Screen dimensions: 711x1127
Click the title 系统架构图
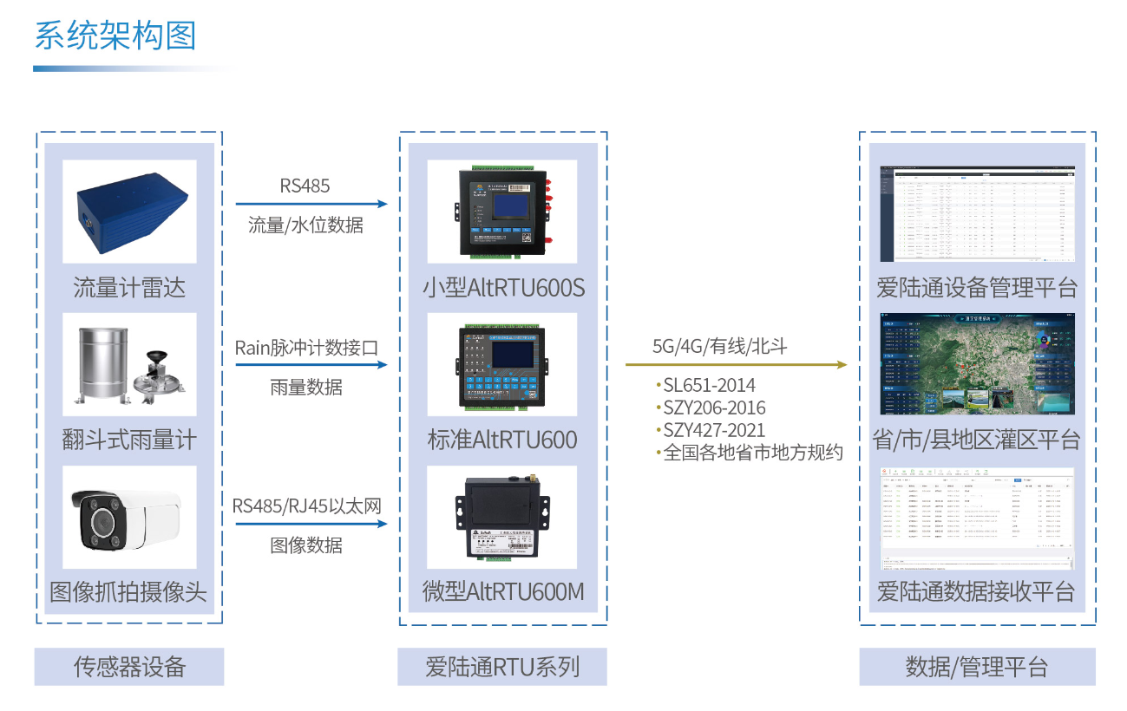pos(115,36)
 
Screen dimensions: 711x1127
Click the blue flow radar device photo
pos(129,211)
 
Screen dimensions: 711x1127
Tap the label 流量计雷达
pos(129,288)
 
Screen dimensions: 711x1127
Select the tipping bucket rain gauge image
pos(129,364)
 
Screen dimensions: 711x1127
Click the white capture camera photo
pos(129,517)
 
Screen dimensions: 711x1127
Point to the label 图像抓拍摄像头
pos(129,593)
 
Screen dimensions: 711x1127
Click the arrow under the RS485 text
pos(311,204)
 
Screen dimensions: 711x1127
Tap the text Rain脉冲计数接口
pos(306,348)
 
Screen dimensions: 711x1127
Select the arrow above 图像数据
pos(311,524)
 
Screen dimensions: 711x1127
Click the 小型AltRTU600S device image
pos(502,211)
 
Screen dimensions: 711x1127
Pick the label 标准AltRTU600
pos(502,440)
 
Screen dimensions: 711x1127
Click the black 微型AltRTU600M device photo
pos(502,517)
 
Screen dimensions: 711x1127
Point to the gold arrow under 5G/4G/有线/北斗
pos(736,365)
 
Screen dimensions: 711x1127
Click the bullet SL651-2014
pos(708,386)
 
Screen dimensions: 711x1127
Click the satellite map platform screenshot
pos(977,364)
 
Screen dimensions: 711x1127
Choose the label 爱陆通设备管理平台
pos(977,288)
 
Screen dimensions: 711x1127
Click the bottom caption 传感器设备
pos(129,667)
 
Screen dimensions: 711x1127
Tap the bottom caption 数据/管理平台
pos(977,667)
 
